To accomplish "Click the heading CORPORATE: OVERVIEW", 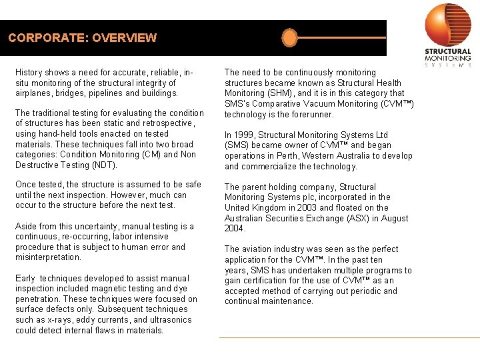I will point(83,38).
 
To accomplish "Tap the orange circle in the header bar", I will point(289,38).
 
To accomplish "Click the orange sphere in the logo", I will point(448,25).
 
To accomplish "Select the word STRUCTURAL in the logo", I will point(448,52).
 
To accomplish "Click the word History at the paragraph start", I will point(29,72).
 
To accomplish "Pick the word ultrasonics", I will point(168,320).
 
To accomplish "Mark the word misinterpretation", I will point(48,257).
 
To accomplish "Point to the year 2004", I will point(235,229).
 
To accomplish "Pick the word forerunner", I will point(311,114).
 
